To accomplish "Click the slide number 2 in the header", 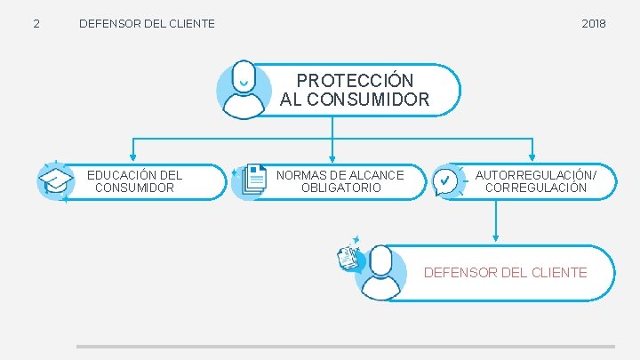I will click(x=36, y=23).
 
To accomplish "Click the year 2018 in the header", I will click(x=594, y=23).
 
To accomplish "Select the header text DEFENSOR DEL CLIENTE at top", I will click(x=147, y=23).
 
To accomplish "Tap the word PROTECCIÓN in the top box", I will click(x=355, y=81).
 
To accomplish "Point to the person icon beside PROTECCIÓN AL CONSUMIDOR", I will click(x=244, y=89).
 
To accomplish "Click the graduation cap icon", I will click(x=56, y=181).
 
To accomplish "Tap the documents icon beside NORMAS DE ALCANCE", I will click(x=252, y=180).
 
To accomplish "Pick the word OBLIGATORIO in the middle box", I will click(x=340, y=188).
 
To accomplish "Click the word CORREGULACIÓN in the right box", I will click(x=536, y=188).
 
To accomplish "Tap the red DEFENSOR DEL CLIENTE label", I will click(x=505, y=273).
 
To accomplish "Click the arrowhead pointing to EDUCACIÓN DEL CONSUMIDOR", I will click(x=132, y=158).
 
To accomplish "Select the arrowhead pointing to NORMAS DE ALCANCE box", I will click(x=332, y=158).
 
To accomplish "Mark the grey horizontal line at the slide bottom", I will click(x=345, y=347).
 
